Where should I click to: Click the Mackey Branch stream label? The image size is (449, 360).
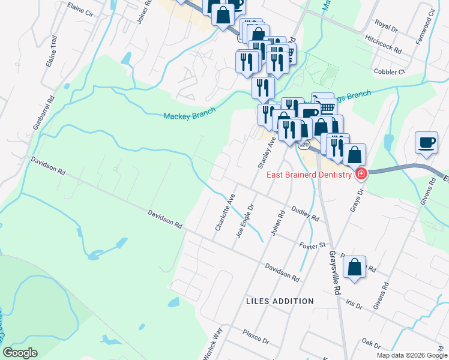point(189,115)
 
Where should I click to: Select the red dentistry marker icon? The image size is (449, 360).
point(361,175)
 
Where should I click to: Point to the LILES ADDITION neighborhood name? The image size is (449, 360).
point(280,301)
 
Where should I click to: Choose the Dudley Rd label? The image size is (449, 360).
point(305,213)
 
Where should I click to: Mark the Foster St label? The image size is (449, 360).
point(312,244)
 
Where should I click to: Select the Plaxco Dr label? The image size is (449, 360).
point(256,336)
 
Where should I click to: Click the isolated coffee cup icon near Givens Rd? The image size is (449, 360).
point(426,143)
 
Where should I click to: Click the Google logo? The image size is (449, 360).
point(20,353)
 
